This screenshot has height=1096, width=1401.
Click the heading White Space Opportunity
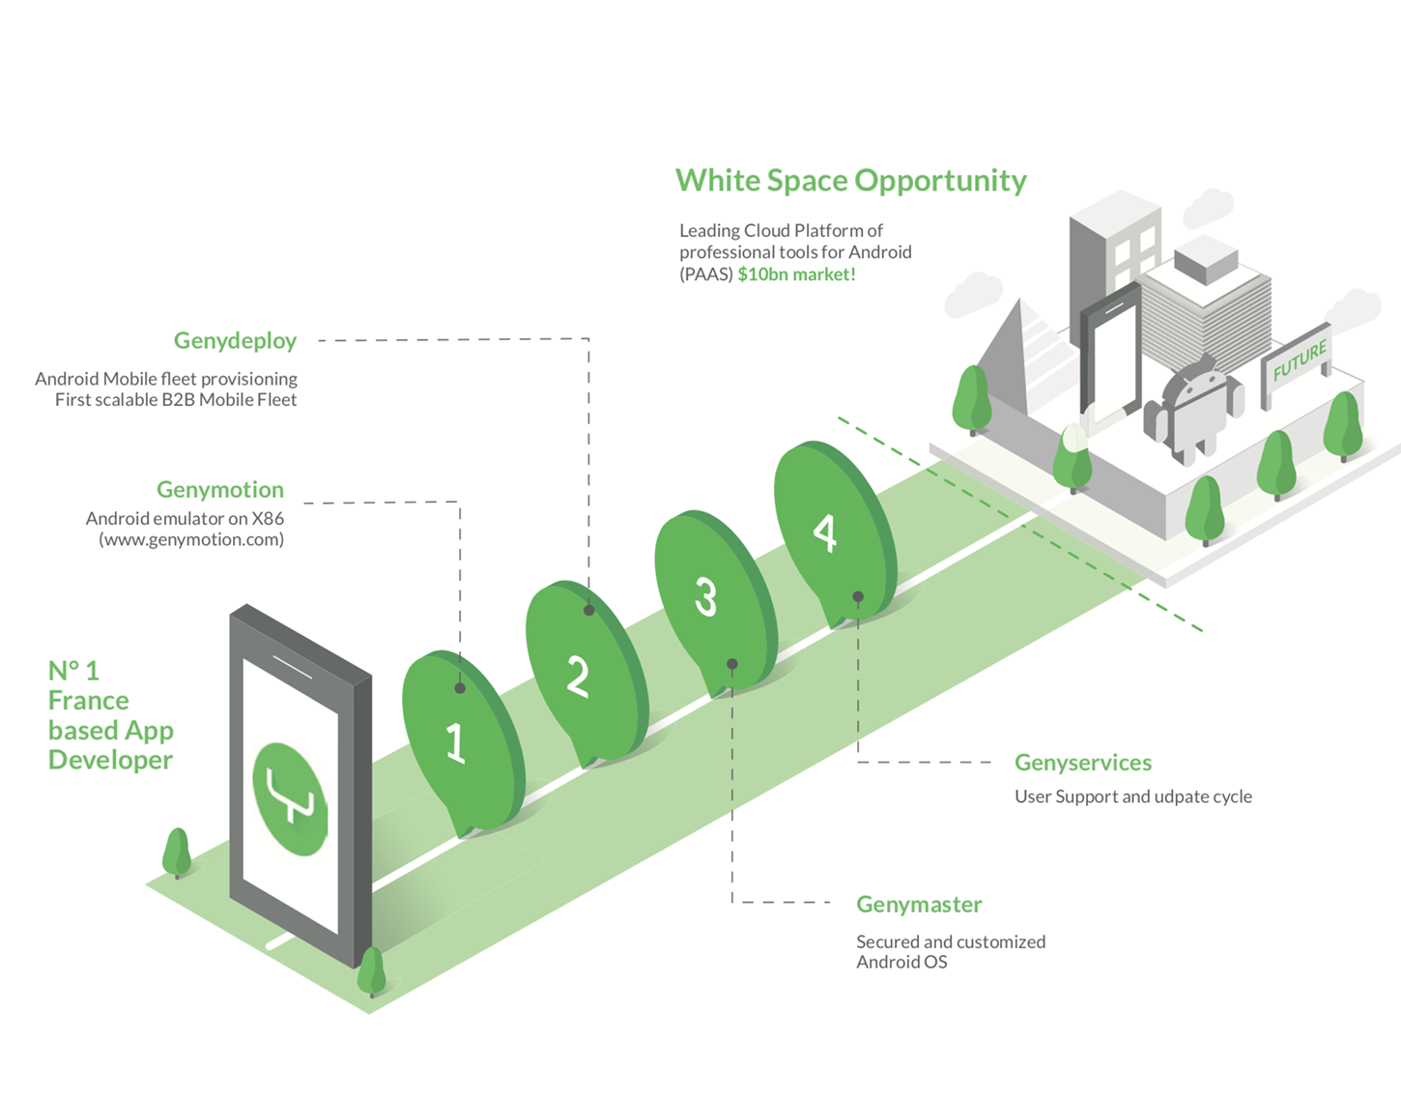pos(850,181)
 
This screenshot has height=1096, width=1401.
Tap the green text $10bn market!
pos(796,274)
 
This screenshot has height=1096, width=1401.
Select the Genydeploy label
pos(235,340)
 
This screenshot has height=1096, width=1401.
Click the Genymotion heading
pos(220,489)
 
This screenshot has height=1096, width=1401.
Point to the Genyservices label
pos(1082,763)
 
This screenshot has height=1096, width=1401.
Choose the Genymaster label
pos(918,905)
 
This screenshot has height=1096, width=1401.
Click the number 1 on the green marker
pos(456,742)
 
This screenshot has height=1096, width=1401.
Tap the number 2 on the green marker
pos(577,676)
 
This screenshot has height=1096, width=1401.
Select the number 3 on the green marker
pos(706,596)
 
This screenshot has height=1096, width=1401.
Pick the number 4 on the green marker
pos(824,533)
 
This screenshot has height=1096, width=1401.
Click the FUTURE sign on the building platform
pos(1300,361)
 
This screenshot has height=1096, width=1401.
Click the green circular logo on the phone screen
pos(289,799)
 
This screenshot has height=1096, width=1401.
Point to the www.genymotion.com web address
pos(191,539)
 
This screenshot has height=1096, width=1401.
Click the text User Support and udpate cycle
pos(1132,796)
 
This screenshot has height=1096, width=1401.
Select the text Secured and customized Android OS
pos(950,951)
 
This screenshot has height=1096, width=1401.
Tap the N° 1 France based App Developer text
pos(110,715)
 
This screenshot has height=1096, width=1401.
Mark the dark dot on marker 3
pos(732,664)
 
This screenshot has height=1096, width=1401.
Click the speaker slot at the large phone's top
pos(291,666)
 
